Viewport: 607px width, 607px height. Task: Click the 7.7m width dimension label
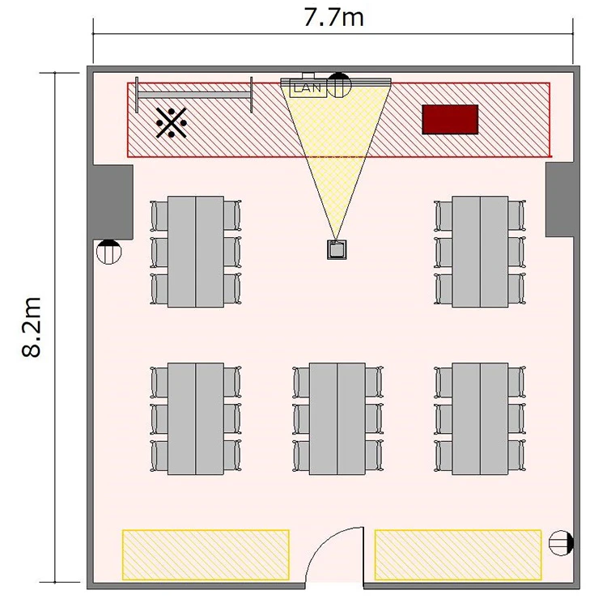coord(333,18)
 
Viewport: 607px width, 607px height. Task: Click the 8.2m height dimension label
coord(32,327)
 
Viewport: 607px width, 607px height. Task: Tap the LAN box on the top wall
coord(308,88)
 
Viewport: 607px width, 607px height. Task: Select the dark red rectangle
coord(450,119)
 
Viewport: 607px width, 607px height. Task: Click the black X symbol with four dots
coord(172,123)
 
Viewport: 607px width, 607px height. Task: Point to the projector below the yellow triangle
coord(337,249)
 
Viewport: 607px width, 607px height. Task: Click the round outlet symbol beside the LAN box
coord(339,84)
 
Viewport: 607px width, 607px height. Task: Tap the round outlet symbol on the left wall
coord(108,252)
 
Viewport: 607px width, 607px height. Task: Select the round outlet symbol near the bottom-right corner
coord(562,543)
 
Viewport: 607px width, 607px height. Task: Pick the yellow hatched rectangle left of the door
coord(206,554)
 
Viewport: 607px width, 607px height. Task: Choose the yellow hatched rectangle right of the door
coord(458,554)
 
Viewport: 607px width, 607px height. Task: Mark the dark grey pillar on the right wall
coord(560,199)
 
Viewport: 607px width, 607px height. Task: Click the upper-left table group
coord(196,252)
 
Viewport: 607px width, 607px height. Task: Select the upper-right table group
coord(480,252)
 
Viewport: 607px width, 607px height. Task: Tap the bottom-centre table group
coord(337,419)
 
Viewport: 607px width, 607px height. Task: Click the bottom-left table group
coord(196,419)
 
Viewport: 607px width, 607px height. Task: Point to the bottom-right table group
coord(480,419)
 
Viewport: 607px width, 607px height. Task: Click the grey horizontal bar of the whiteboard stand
coord(194,95)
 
